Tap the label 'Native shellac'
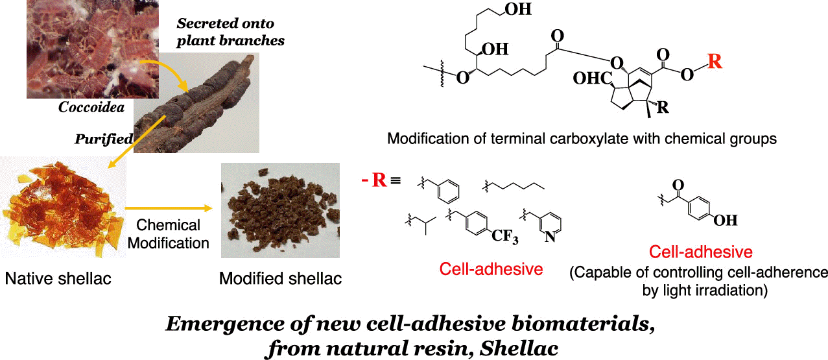pyautogui.click(x=58, y=279)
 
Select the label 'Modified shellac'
pyautogui.click(x=280, y=279)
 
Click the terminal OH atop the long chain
pyautogui.click(x=519, y=10)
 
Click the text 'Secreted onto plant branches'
pyautogui.click(x=231, y=32)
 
